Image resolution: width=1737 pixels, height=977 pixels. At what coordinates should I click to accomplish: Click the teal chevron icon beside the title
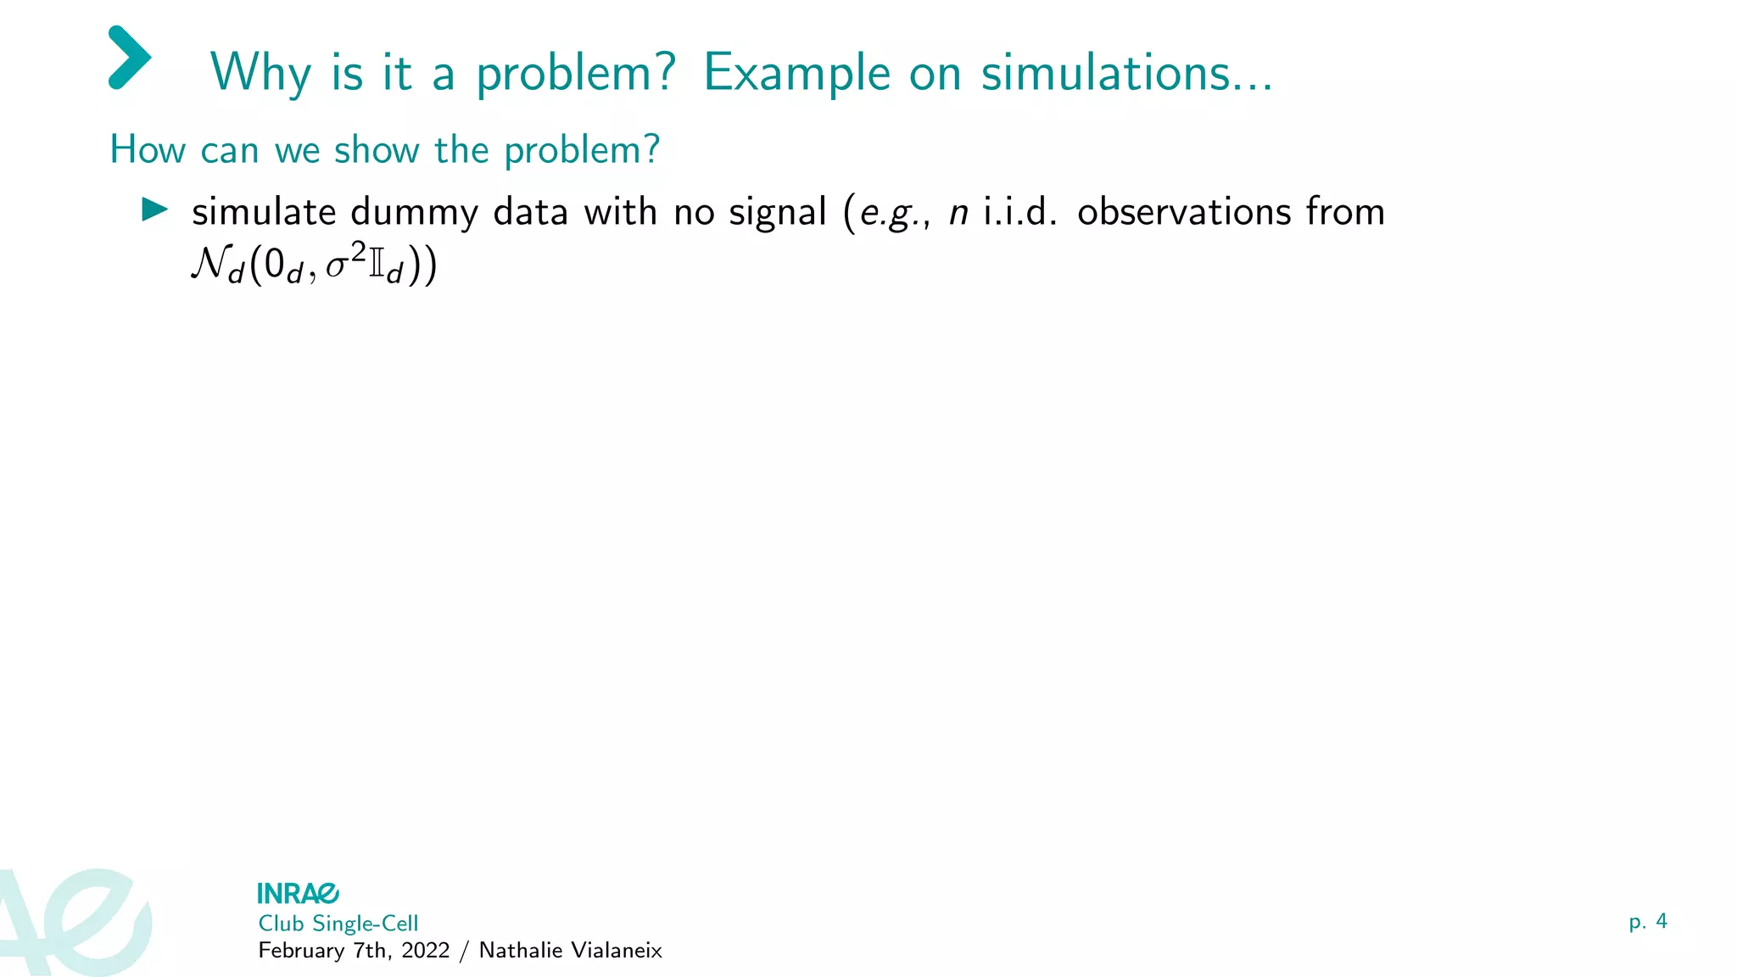[x=130, y=58]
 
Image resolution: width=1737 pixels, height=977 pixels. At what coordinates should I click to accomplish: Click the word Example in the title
[x=796, y=73]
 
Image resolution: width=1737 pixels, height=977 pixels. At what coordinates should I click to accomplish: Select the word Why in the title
[x=260, y=73]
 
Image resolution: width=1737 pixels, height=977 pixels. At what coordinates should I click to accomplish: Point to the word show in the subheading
[x=377, y=150]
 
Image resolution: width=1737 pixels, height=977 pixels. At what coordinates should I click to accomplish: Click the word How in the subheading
[x=148, y=150]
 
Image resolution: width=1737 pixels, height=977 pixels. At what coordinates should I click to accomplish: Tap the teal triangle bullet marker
[x=154, y=209]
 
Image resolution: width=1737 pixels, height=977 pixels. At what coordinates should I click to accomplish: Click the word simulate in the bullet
[x=264, y=212]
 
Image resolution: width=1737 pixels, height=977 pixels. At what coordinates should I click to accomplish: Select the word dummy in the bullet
[x=414, y=213]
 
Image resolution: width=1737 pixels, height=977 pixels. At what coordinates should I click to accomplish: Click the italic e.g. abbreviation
[x=890, y=213]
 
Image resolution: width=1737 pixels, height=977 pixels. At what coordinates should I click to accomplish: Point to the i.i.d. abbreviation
[x=1019, y=212]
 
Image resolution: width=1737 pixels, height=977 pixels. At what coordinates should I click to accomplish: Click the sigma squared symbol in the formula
[x=345, y=262]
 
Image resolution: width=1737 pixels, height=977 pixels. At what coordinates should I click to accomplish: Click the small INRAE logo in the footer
[x=298, y=893]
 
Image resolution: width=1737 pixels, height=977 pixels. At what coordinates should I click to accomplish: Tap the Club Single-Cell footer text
[x=338, y=924]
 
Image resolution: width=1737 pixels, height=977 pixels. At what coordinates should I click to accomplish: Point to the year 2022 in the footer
[x=426, y=951]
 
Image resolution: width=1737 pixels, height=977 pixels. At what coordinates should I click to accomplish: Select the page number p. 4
[x=1647, y=922]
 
